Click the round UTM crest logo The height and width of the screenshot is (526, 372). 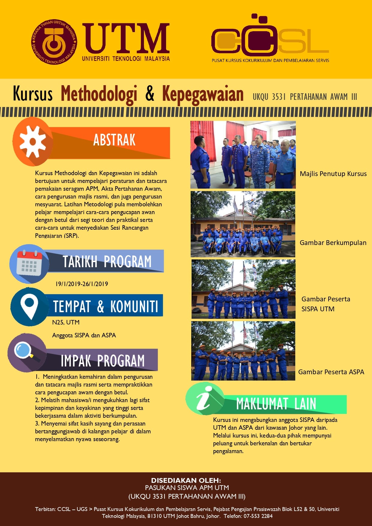point(54,42)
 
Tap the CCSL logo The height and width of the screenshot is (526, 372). point(270,39)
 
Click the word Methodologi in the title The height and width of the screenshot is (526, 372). point(99,94)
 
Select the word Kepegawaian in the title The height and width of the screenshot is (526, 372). point(203,94)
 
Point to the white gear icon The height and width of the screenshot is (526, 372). point(32,142)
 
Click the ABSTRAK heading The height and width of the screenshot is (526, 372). point(114,140)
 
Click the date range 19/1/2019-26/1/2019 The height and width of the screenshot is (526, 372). point(82,284)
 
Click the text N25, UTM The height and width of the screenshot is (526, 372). point(66,322)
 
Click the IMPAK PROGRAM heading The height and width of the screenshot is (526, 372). point(103,361)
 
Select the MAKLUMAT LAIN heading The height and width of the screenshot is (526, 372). point(276,404)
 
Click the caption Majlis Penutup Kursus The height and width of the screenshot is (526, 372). point(333,174)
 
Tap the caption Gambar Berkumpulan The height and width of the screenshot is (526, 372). point(333,243)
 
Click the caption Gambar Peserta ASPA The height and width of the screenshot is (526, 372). point(331,372)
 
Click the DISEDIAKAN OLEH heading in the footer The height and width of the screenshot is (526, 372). point(186,480)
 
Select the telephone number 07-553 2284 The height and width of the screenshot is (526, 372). point(258,516)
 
